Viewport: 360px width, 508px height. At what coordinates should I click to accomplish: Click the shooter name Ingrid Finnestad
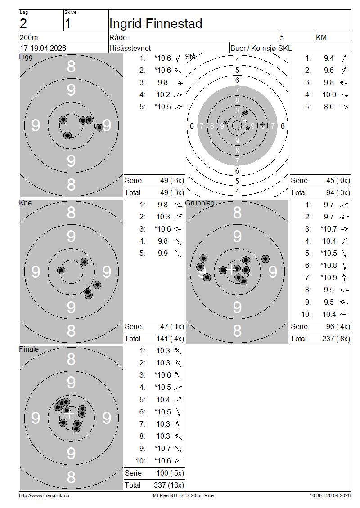click(x=156, y=24)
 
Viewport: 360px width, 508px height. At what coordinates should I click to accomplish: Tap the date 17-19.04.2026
click(x=43, y=48)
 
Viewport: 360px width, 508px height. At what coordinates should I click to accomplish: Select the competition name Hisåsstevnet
click(x=130, y=48)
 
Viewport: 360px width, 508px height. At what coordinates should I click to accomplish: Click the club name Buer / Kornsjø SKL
click(x=261, y=48)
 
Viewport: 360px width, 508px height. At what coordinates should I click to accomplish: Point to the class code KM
click(x=321, y=38)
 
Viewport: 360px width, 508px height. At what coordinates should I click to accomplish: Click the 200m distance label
click(x=29, y=38)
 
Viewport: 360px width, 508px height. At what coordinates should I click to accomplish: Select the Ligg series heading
click(x=26, y=57)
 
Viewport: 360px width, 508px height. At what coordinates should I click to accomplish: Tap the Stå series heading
click(x=190, y=57)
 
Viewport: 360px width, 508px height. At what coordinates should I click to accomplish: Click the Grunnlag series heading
click(x=200, y=203)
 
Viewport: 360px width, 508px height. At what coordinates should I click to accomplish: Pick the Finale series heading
click(x=29, y=349)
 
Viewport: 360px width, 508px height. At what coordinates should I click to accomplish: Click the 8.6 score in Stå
click(x=328, y=107)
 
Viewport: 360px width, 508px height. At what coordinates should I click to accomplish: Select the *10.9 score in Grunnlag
click(x=328, y=278)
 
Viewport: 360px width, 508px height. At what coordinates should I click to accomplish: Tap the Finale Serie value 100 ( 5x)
click(x=170, y=473)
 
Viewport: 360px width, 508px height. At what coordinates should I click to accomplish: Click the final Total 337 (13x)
click(x=169, y=486)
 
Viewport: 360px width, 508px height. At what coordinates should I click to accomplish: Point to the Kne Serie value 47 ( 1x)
click(x=172, y=326)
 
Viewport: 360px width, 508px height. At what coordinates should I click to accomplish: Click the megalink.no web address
click(x=44, y=496)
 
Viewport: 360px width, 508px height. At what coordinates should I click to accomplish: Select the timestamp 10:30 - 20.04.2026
click(x=330, y=496)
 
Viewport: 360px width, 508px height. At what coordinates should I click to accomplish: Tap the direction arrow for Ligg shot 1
click(x=178, y=58)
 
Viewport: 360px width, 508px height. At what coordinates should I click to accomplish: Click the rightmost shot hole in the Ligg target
click(x=99, y=127)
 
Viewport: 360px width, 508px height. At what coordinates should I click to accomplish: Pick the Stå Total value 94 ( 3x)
click(x=338, y=193)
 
